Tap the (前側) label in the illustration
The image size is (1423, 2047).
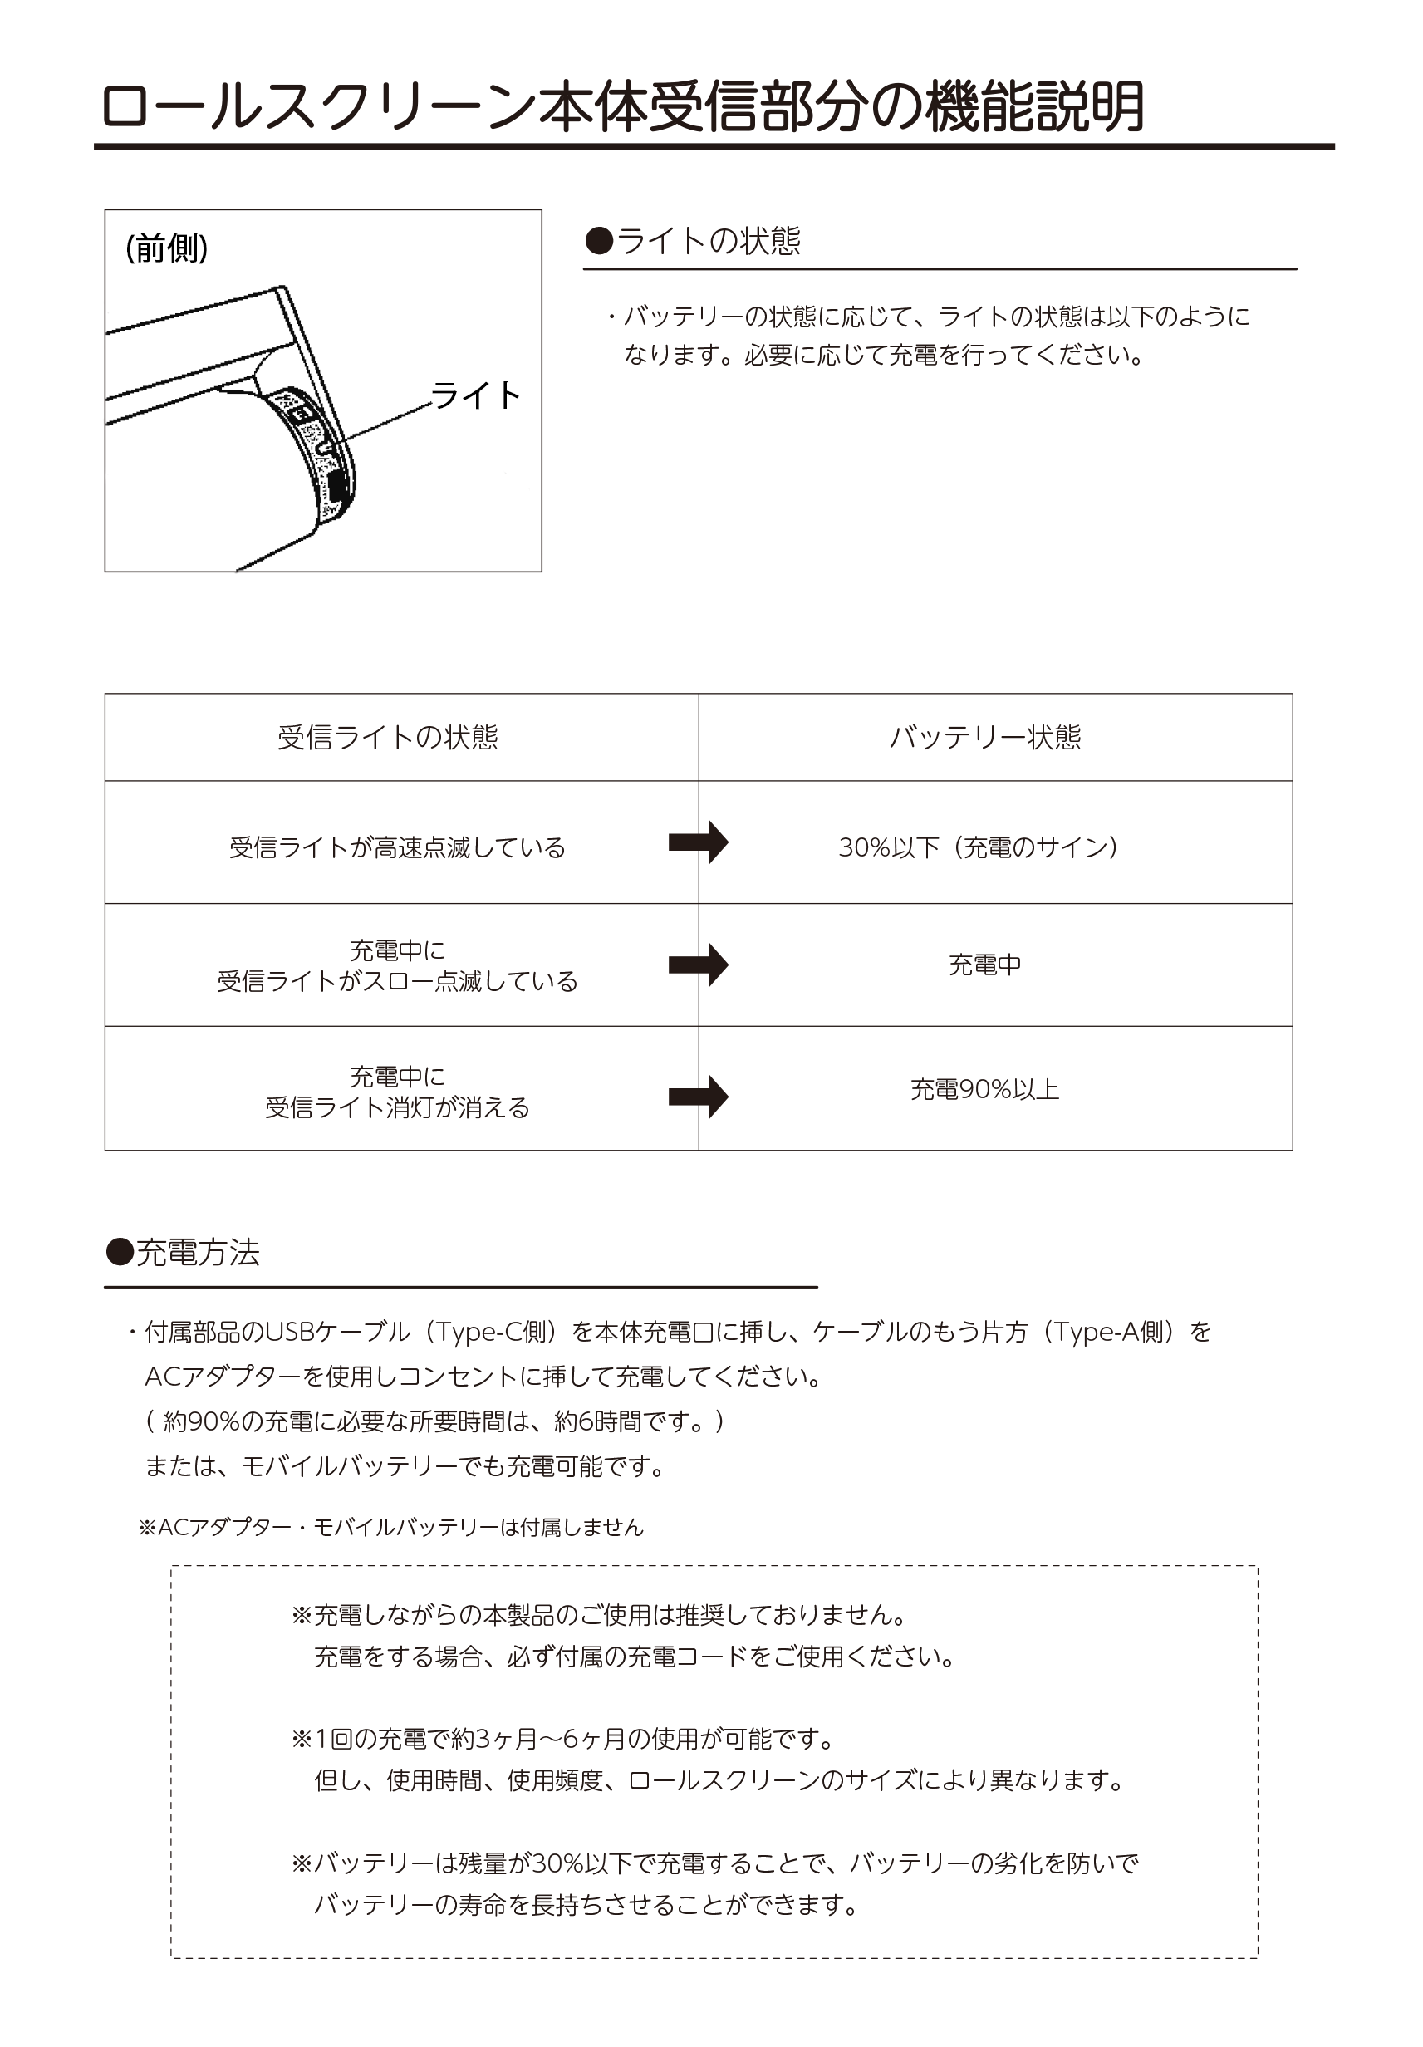click(167, 248)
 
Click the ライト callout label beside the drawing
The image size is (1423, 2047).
click(475, 395)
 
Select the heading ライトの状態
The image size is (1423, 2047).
click(708, 241)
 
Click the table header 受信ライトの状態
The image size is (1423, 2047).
click(388, 738)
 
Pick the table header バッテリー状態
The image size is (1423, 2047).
click(985, 738)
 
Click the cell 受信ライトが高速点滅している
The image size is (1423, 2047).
click(398, 847)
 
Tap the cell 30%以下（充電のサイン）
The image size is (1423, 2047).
click(978, 847)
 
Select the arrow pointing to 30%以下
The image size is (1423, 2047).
click(698, 842)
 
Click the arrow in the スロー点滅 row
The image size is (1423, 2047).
click(698, 965)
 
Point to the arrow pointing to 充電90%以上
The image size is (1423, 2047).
click(698, 1096)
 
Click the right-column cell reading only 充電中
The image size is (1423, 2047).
click(984, 965)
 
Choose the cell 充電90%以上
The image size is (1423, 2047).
click(984, 1089)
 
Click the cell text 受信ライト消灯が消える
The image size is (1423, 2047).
click(398, 1108)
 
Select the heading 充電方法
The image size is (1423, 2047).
click(197, 1253)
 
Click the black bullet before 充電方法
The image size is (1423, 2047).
click(120, 1253)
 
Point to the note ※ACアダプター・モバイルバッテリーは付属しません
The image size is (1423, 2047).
click(390, 1527)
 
